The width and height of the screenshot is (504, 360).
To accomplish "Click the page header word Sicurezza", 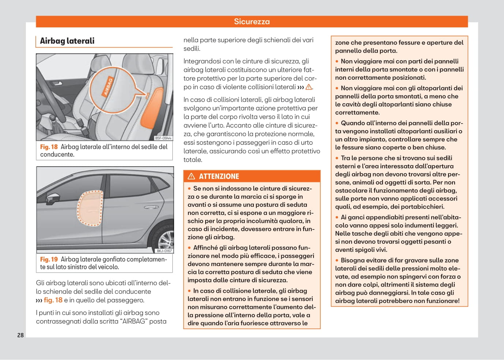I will pos(252,22).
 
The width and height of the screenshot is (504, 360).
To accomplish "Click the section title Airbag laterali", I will pos(67,41).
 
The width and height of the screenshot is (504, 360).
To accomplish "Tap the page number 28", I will pos(20,335).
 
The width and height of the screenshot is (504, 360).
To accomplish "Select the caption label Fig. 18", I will pos(49,147).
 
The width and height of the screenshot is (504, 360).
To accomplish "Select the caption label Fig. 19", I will pos(49,259).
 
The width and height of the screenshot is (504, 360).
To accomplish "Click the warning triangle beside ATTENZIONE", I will pos(191,177).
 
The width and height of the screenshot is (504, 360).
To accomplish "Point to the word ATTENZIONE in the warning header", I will pos(219,177).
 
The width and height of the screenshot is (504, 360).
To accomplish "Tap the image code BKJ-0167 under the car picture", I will pos(164,251).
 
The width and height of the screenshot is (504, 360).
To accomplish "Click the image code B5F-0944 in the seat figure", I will pos(163,138).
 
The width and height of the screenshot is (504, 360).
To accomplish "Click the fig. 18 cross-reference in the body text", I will pos(53,300).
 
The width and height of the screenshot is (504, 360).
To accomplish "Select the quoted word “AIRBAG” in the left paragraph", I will pos(134,322).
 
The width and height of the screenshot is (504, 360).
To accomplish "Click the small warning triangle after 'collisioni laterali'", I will pos(309,87).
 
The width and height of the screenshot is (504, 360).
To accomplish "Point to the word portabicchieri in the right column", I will pos(422,207).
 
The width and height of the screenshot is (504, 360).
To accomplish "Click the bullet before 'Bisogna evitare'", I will pos(337,261).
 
